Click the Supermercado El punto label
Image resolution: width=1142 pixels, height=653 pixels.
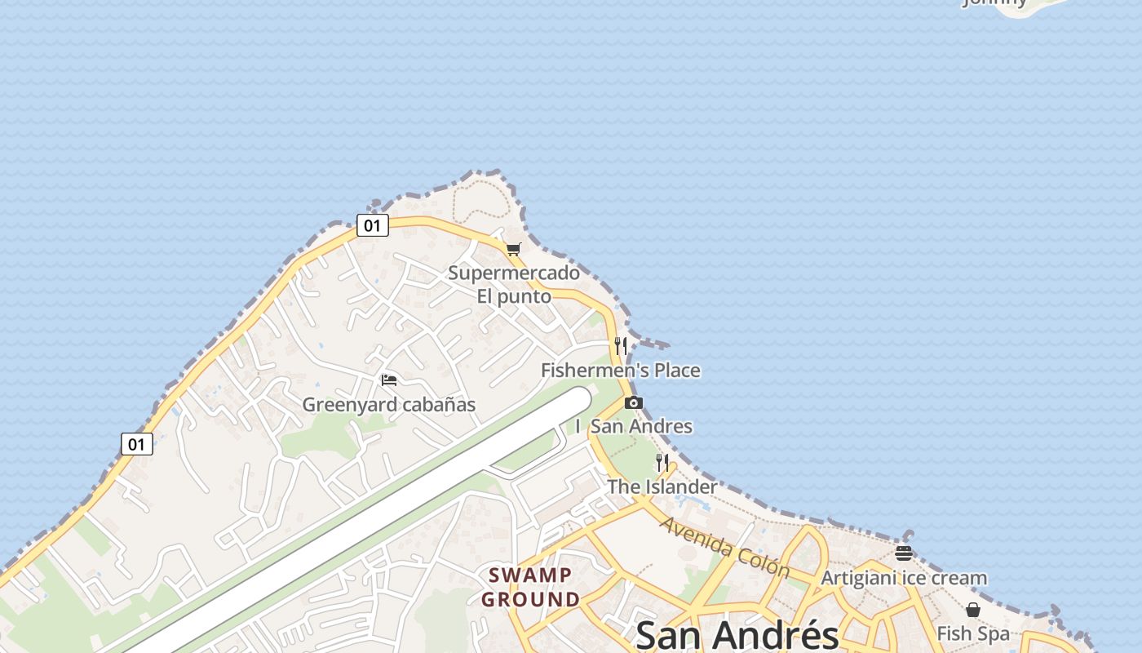514,284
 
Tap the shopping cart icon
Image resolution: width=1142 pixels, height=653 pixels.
513,249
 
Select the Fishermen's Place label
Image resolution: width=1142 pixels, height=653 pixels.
621,371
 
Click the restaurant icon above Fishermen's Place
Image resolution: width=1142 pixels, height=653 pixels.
621,345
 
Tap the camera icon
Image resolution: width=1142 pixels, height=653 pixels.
633,402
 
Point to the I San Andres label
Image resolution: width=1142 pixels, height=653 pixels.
634,426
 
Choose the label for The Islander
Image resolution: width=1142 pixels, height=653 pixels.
662,487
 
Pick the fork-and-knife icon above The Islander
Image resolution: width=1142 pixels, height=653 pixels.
662,463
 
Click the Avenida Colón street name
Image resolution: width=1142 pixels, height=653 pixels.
724,547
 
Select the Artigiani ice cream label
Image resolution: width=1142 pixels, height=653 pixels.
904,578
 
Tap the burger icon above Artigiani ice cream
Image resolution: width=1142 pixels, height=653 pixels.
903,553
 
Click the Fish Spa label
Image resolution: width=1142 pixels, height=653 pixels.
972,633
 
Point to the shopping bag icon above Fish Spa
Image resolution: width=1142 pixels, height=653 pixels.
972,610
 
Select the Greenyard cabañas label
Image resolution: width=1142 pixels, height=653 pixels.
388,405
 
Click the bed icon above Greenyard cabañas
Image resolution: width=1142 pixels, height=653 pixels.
389,380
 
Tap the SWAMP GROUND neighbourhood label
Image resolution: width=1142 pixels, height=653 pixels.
530,588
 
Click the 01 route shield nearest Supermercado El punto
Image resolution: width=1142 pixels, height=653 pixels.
372,225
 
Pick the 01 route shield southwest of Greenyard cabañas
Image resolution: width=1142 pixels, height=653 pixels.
137,444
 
